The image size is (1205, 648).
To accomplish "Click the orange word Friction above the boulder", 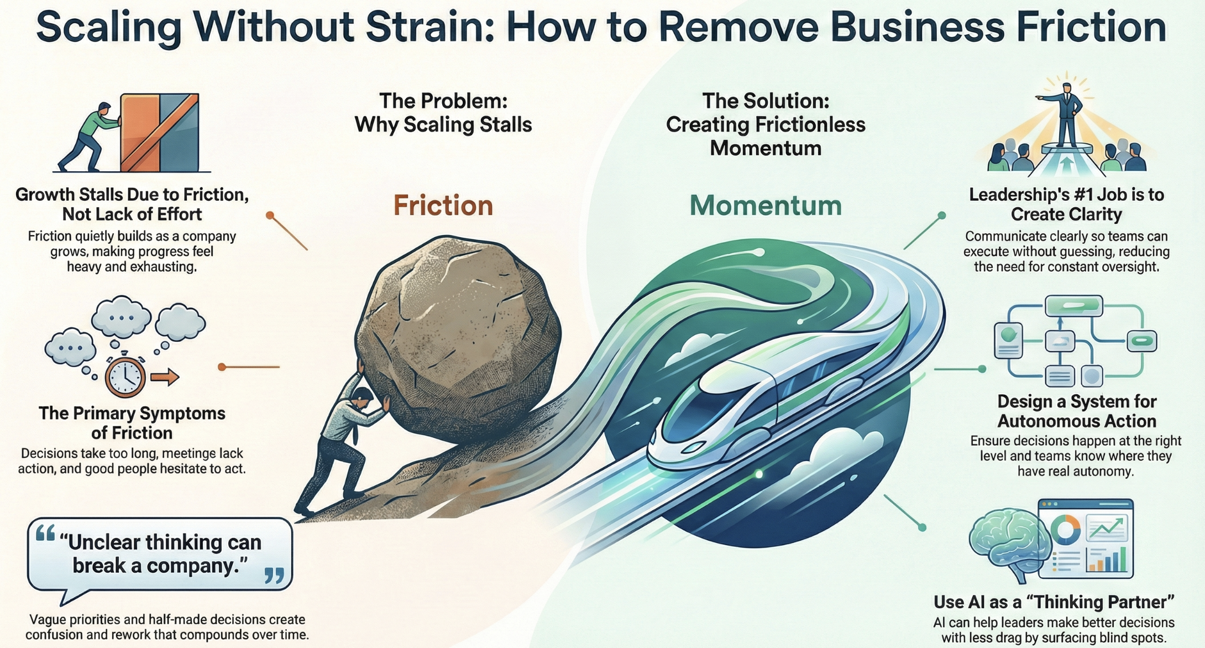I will tap(443, 206).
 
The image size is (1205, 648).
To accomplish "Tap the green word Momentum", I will tap(766, 206).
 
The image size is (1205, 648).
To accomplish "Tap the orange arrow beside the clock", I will tap(165, 377).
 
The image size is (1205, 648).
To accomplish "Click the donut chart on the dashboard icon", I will tap(1065, 530).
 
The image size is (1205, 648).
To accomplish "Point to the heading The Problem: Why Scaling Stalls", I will tap(443, 113).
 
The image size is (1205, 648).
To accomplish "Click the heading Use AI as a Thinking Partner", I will tap(1054, 602).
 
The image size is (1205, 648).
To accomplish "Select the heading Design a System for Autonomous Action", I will tap(1076, 411).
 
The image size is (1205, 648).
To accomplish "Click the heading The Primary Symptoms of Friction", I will tap(132, 423).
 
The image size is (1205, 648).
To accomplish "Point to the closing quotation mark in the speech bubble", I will tap(274, 576).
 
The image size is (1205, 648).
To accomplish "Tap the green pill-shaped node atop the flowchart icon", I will tap(1073, 305).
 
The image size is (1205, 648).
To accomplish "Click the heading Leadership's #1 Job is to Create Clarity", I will tap(1066, 204).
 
